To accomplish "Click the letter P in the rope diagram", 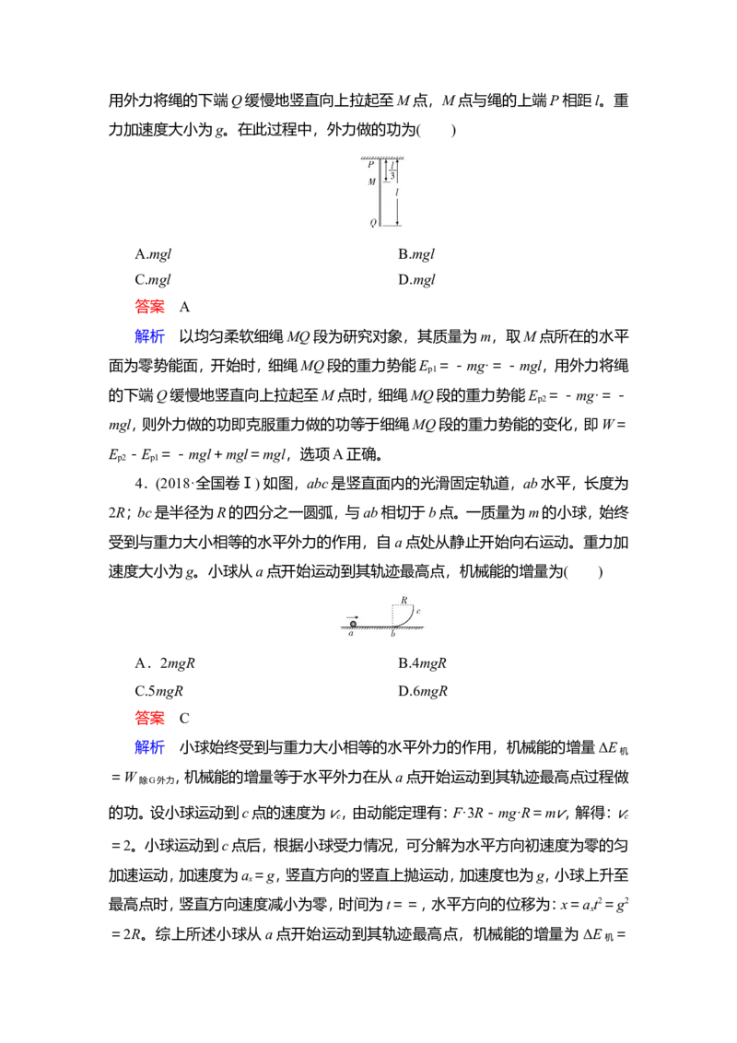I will [x=371, y=165].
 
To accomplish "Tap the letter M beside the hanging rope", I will [x=371, y=182].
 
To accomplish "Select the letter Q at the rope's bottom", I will [x=372, y=223].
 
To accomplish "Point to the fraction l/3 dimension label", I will [x=392, y=170].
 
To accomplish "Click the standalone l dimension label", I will [x=397, y=193].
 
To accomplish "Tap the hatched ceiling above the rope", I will [x=382, y=158].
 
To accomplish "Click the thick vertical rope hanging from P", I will [x=380, y=198].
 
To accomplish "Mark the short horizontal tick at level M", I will [x=388, y=182].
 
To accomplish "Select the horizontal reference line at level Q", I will [x=392, y=226].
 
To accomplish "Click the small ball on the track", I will [x=353, y=624].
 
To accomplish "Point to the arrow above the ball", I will [x=352, y=617].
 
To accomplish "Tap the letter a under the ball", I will [x=351, y=635].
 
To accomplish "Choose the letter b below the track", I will [x=392, y=635].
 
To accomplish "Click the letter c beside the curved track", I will [x=418, y=611].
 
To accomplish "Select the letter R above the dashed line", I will [x=404, y=600].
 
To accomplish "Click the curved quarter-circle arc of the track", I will [x=407, y=619].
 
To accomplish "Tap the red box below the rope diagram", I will [x=150, y=306].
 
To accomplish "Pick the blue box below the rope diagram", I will [x=150, y=335].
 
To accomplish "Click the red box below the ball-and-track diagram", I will [x=150, y=718].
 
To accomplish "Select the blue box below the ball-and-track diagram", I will [x=150, y=747].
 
